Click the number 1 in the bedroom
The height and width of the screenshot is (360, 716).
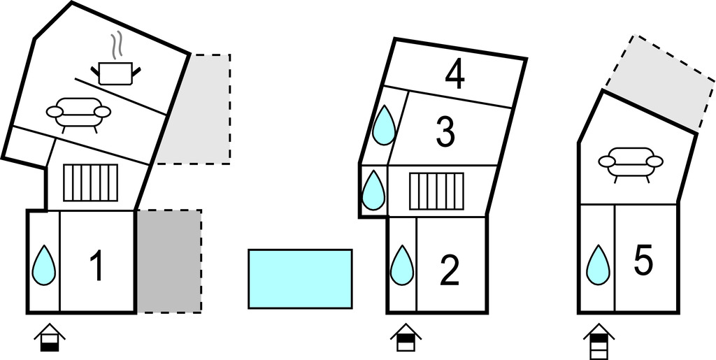point(96,267)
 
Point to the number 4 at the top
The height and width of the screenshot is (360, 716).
point(454,75)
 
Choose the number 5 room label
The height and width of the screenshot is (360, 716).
point(643,261)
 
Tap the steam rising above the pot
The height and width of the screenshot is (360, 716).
point(117,45)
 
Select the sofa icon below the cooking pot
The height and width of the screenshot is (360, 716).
point(78,113)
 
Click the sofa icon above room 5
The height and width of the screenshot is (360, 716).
point(631,164)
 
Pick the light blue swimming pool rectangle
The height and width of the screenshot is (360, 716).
point(300,279)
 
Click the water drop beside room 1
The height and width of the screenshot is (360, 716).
point(44,265)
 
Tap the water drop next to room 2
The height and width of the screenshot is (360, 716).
point(401,266)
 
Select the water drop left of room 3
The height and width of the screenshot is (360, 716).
point(384,126)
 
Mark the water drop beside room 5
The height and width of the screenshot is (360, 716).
point(597,266)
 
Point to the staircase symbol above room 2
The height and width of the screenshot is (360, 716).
point(436,191)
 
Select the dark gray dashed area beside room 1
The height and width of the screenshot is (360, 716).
point(169,261)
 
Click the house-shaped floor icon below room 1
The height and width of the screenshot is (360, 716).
point(49,338)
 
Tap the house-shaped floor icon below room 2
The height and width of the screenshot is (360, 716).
point(405,338)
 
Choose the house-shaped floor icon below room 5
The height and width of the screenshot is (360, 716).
point(599,340)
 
